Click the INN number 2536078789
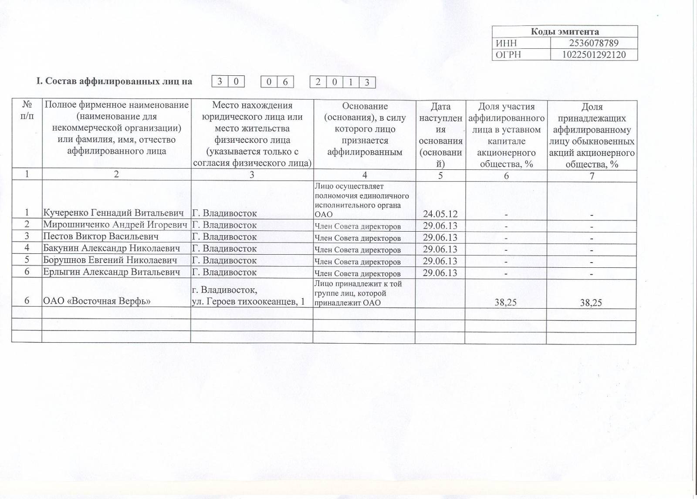594,43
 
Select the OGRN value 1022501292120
594,55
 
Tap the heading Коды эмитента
565,31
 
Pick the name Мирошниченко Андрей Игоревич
115,225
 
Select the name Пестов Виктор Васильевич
101,236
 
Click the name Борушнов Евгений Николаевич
110,260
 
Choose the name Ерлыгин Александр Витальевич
112,272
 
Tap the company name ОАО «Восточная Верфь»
97,301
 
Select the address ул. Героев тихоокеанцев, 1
248,302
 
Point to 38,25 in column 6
506,302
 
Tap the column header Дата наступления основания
440,135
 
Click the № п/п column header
27,111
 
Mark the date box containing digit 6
285,82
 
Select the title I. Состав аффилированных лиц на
114,81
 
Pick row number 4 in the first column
27,248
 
